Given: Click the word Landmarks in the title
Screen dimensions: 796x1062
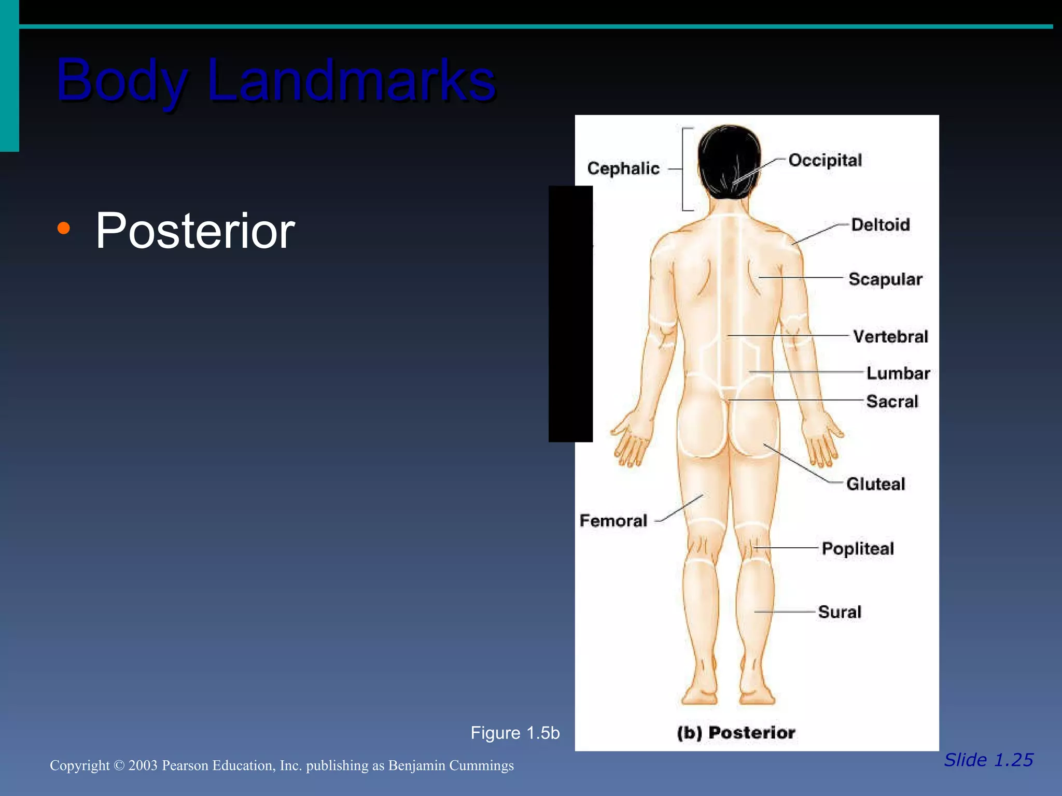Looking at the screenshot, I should (352, 80).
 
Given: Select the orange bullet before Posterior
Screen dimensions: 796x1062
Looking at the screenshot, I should (63, 228).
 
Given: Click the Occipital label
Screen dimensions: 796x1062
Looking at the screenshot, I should (825, 160).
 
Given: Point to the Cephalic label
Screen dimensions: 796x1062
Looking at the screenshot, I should (623, 168).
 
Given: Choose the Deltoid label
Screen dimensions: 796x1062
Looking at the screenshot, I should (880, 224).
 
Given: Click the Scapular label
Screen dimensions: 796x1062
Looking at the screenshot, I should (885, 279).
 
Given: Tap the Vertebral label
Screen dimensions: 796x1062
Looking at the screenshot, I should (890, 336).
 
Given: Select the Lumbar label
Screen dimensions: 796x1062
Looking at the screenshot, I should (898, 373).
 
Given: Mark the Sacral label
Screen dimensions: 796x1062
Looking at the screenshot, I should (892, 401).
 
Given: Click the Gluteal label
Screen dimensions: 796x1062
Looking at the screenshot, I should (875, 484).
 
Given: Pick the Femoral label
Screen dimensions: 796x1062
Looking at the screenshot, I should (613, 520).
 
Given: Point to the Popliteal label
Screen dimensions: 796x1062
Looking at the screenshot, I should (858, 548).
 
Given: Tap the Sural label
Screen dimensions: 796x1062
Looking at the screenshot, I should (840, 612).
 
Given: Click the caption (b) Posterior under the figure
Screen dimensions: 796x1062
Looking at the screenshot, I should (736, 733).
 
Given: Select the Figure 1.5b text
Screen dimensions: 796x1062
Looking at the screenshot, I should (515, 733).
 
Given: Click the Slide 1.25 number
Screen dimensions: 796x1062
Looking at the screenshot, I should (988, 760).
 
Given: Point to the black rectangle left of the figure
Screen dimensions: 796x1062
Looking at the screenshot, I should (570, 314).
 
